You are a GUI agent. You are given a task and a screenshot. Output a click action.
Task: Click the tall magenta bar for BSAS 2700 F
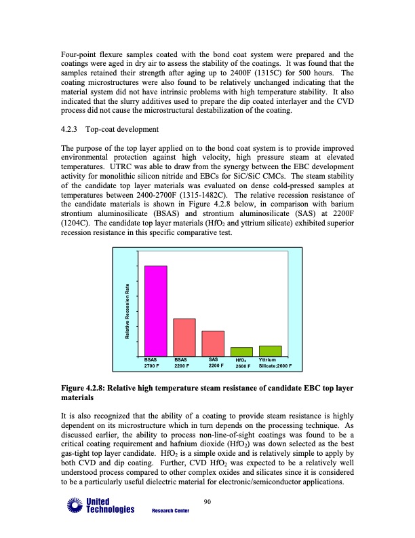pos(155,310)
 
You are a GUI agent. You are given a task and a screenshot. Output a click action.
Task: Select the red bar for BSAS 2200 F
pos(184,336)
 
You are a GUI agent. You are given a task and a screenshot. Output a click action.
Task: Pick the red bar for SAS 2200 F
pos(213,342)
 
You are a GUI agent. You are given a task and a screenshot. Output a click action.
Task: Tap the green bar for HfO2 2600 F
pos(241,351)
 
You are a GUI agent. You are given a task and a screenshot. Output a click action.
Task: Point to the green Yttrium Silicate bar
pos(270,350)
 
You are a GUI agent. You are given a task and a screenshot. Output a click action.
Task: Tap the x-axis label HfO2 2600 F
pos(243,363)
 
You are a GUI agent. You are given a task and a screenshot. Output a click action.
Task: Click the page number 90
pos(207,502)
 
